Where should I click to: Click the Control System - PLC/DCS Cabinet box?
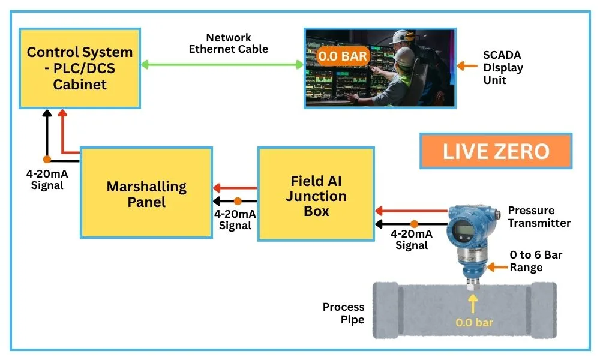[x=80, y=68]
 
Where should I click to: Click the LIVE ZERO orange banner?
[x=496, y=151]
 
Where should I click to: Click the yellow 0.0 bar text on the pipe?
[x=474, y=323]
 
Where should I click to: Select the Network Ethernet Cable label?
[x=229, y=43]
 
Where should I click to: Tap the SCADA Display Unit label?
[x=503, y=68]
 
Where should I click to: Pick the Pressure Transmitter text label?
[x=539, y=217]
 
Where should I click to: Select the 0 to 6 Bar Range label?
[x=536, y=261]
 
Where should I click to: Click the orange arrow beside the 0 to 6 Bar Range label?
[x=497, y=266]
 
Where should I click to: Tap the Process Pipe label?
[x=343, y=313]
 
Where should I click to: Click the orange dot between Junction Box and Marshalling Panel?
[x=238, y=202]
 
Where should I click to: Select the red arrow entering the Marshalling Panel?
[x=235, y=187]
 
